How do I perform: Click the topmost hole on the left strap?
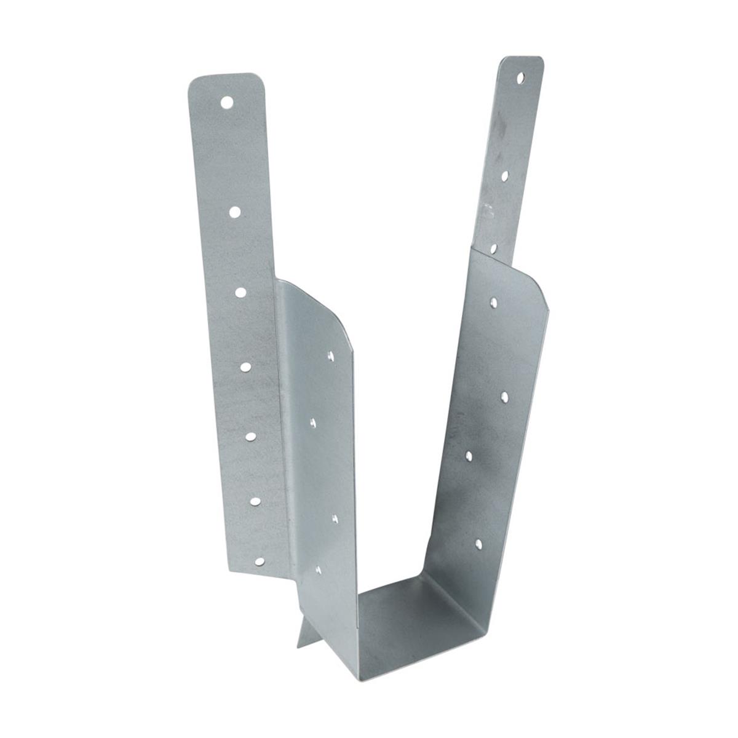click(228, 101)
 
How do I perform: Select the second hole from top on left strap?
click(234, 212)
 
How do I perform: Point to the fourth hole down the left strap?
click(245, 367)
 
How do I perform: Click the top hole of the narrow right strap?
click(520, 79)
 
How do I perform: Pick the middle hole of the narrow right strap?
click(504, 176)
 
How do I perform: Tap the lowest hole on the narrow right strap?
click(493, 248)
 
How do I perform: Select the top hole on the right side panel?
click(494, 301)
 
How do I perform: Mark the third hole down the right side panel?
click(469, 455)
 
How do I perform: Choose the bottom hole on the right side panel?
click(478, 543)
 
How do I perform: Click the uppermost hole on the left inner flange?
click(330, 355)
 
